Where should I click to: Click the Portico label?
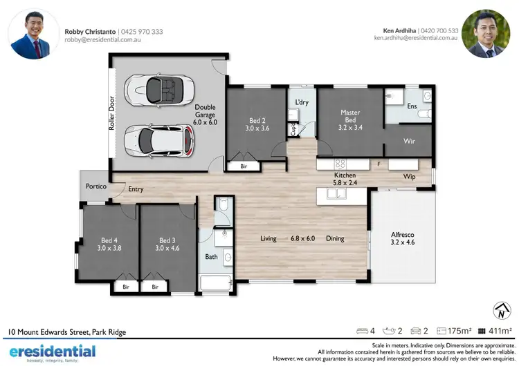95,186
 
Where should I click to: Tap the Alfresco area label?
403,239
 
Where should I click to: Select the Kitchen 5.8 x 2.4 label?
345,180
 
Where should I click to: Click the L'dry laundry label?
302,103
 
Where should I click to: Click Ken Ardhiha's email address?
415,38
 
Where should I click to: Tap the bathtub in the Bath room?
215,282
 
